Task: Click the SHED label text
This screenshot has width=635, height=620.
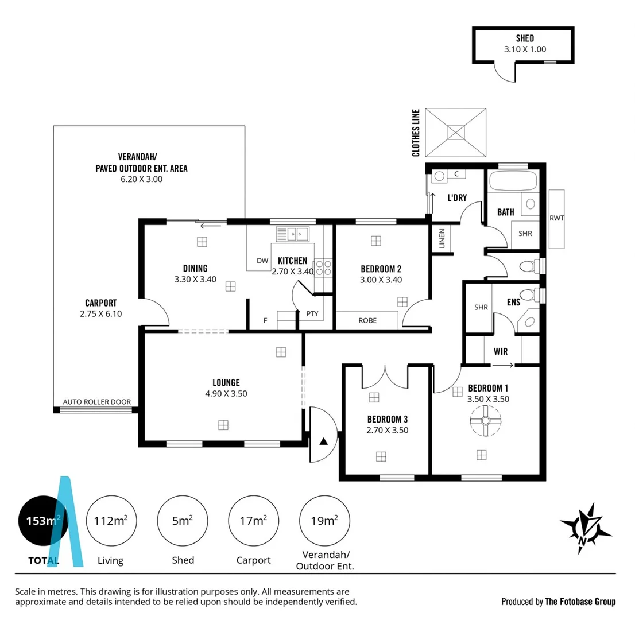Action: [524, 38]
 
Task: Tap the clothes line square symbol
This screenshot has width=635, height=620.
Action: [456, 132]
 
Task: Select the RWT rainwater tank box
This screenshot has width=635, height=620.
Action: [556, 218]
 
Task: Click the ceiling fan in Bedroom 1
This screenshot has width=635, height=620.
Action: [486, 421]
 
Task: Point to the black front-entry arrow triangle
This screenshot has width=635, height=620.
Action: [323, 441]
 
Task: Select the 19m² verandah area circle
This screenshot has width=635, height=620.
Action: [324, 521]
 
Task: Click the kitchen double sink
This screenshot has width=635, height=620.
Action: [292, 234]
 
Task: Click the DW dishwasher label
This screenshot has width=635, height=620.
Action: [262, 261]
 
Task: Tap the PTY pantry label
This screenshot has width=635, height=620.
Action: [312, 313]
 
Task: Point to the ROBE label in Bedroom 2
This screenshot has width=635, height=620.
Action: [367, 320]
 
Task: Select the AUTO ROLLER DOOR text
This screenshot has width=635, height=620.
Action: [97, 402]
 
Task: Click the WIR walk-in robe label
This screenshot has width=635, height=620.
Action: [500, 351]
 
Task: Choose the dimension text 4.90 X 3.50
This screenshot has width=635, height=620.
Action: [226, 393]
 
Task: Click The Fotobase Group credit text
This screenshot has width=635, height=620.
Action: [580, 602]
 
